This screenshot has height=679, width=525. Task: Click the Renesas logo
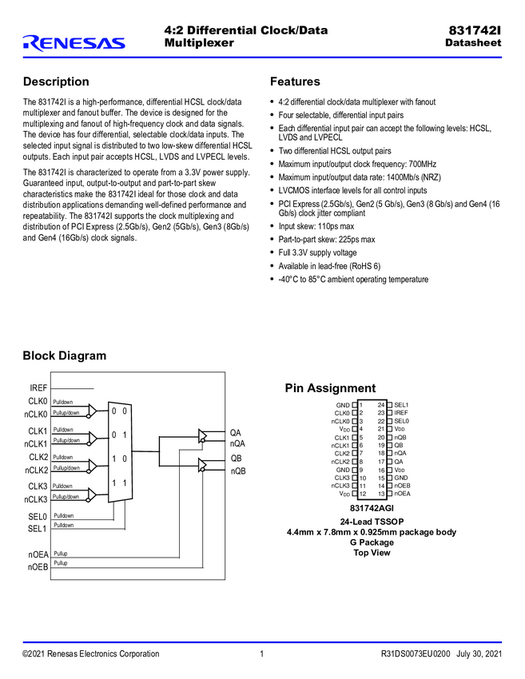(74, 42)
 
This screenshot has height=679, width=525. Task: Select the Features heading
(295, 81)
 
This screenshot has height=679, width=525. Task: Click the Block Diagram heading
(64, 355)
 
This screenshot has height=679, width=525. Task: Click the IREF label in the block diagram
(38, 387)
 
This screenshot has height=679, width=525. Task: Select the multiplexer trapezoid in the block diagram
(120, 450)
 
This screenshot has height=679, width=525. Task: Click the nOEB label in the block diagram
(38, 566)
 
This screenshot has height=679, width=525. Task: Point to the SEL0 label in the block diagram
(38, 517)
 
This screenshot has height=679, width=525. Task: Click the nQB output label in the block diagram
(238, 471)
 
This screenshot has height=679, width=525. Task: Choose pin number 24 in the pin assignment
(381, 405)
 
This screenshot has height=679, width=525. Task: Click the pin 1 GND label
(342, 405)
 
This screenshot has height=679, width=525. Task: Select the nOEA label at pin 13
(402, 494)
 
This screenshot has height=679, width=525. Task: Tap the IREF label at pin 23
(401, 413)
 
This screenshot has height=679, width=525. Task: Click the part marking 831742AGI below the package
(372, 509)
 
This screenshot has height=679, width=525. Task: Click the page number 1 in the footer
(262, 654)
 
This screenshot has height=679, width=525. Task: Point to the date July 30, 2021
(479, 654)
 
